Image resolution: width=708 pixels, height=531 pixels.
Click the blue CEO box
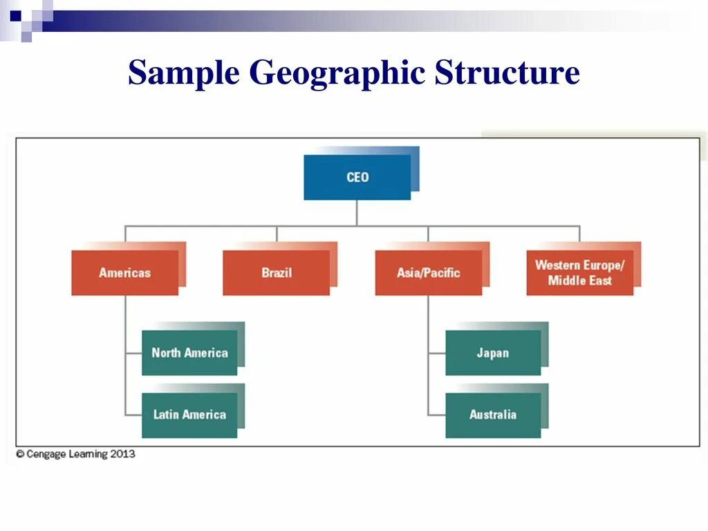point(357,177)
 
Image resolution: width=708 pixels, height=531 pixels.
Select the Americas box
point(125,272)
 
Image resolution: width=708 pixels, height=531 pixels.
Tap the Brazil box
point(277,272)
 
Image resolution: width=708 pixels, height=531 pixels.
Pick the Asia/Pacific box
point(429,272)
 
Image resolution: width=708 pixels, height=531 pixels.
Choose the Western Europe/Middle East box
point(580,272)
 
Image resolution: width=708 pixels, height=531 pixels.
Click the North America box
point(189,353)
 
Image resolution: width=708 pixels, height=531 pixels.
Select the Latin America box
point(189,415)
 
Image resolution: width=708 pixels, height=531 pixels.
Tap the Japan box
point(493,353)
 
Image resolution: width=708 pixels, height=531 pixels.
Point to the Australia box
point(493,415)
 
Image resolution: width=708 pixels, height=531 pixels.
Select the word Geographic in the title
point(337,73)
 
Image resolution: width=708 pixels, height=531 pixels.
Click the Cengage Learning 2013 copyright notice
point(76,454)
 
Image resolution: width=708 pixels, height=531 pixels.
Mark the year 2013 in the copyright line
point(122,454)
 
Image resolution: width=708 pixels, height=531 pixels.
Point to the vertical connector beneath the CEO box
point(357,213)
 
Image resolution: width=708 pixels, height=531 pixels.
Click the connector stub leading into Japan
point(437,353)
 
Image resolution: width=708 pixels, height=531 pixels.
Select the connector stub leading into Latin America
point(133,415)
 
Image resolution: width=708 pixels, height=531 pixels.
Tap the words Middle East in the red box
point(580,280)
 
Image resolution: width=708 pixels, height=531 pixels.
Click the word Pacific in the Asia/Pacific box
point(442,272)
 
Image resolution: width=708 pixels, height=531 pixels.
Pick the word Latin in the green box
point(166,415)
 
